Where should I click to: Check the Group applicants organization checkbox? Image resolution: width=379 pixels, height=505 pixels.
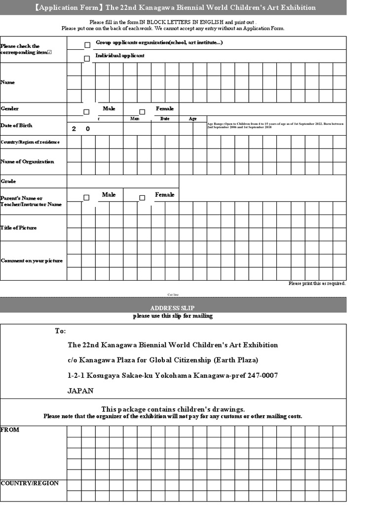[x=87, y=45]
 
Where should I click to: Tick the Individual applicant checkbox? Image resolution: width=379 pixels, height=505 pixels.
[x=87, y=59]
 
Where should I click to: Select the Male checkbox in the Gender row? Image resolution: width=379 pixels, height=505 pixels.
[x=86, y=112]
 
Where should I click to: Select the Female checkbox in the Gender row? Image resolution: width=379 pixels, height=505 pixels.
[x=142, y=112]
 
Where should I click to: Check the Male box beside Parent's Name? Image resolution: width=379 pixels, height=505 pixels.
[x=86, y=198]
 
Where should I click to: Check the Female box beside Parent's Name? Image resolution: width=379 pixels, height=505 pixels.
[x=142, y=198]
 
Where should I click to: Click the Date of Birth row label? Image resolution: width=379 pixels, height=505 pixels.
[x=16, y=125]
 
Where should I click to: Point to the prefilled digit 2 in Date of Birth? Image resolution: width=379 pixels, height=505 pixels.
[x=74, y=129]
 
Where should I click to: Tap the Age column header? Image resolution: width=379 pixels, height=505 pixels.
[x=192, y=119]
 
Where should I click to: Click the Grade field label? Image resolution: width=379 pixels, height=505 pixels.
[x=8, y=181]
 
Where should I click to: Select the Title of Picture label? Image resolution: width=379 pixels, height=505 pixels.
[x=19, y=228]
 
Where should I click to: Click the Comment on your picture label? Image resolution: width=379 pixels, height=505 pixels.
[x=32, y=260]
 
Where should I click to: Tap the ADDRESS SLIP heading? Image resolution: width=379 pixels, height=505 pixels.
[x=173, y=308]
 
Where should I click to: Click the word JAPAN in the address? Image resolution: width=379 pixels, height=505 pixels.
[x=80, y=391]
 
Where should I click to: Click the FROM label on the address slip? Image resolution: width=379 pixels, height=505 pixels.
[x=10, y=430]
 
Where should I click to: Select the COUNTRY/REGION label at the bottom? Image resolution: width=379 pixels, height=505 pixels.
[x=30, y=483]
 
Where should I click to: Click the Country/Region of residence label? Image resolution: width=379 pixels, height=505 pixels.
[x=30, y=142]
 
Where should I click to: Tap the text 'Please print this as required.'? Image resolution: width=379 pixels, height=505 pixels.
[x=317, y=284]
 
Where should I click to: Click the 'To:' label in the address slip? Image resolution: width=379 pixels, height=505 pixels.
[x=60, y=331]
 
